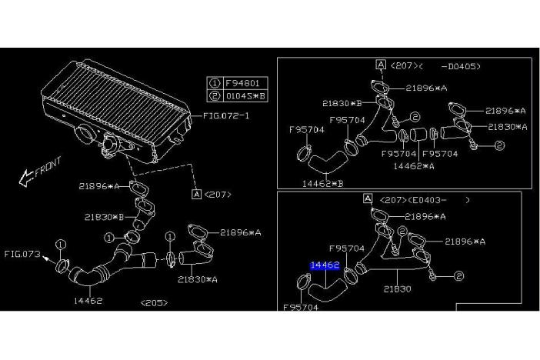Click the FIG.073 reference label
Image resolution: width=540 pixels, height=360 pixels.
(21, 252)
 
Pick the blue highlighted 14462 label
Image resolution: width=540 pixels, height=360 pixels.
(325, 266)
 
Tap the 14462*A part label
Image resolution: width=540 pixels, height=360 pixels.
(414, 165)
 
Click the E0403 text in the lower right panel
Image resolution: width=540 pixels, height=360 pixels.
(437, 200)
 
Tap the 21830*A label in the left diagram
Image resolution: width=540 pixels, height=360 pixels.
(198, 279)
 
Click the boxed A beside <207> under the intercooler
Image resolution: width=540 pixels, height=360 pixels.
(196, 194)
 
